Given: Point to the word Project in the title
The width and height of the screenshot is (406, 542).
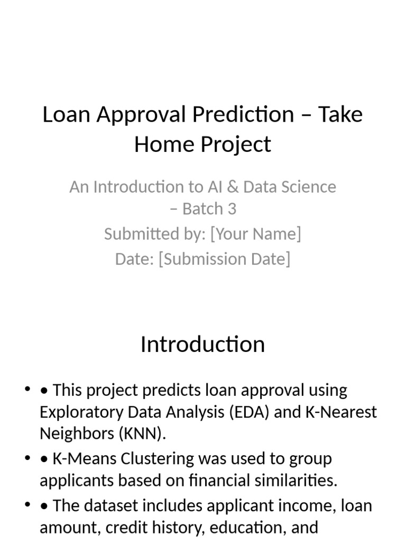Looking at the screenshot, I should click(x=238, y=144).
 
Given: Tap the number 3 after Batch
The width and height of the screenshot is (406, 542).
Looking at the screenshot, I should click(x=232, y=209).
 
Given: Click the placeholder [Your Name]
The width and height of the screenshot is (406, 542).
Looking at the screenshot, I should click(x=255, y=233).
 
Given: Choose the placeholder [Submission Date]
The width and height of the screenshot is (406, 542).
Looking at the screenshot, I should click(x=224, y=259).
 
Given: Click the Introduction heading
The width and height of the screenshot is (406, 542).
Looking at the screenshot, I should click(x=202, y=344).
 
